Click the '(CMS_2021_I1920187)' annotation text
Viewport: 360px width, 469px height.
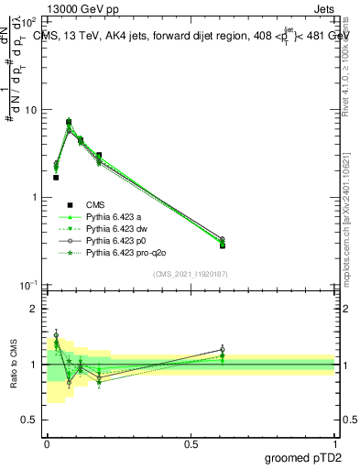tap(191, 274)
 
